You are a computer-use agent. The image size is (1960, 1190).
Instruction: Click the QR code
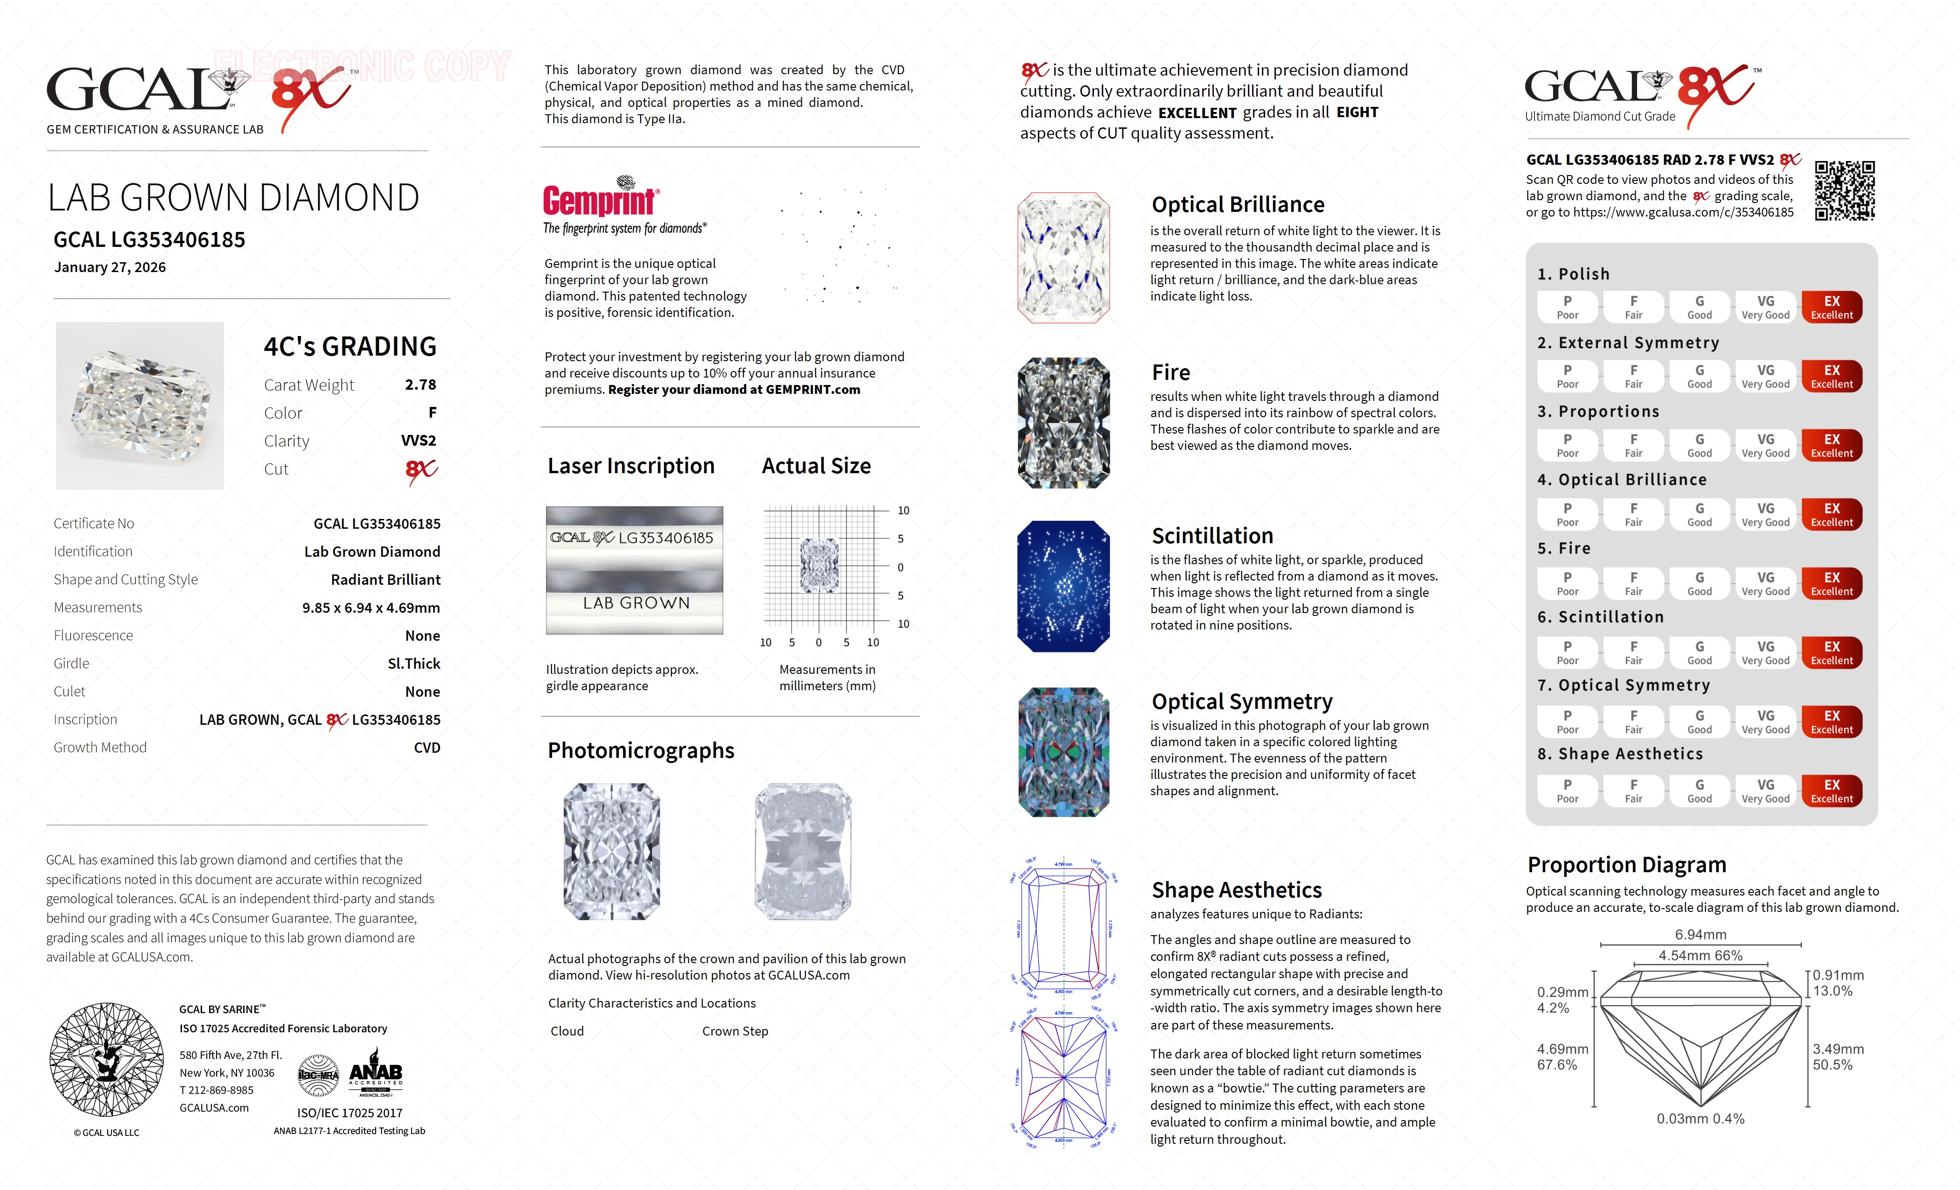(x=1845, y=191)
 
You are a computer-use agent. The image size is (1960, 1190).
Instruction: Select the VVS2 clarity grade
(x=419, y=441)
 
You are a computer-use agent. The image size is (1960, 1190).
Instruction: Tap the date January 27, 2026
(x=110, y=267)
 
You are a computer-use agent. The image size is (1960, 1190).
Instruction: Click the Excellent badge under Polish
(x=1831, y=307)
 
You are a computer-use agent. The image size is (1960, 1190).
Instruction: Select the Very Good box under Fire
(x=1765, y=583)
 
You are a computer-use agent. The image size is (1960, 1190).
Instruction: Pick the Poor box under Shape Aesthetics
(x=1567, y=791)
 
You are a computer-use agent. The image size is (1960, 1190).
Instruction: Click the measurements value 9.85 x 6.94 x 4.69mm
(x=371, y=608)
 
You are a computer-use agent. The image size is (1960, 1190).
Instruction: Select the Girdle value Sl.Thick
(x=413, y=664)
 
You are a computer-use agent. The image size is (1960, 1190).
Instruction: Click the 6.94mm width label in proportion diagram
(x=1700, y=935)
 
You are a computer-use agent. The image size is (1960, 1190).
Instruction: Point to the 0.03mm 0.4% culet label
(x=1700, y=1119)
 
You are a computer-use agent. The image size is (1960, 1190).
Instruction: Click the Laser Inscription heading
(x=631, y=466)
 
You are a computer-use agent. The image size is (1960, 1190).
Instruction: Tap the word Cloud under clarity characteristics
(x=567, y=1031)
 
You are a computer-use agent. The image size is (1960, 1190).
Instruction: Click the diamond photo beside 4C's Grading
(x=140, y=406)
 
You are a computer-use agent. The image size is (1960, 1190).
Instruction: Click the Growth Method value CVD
(x=427, y=748)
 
